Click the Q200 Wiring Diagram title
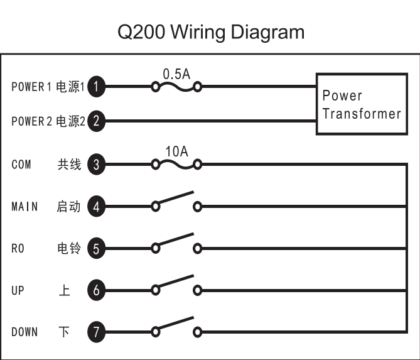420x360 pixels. coord(210,31)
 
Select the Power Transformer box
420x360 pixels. coord(360,104)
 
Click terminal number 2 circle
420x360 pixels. coord(95,121)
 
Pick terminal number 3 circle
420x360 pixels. coord(95,165)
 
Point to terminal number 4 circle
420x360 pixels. coord(95,206)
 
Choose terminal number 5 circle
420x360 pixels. coord(95,248)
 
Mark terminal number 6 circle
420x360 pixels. coord(95,290)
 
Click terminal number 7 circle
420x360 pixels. coord(95,332)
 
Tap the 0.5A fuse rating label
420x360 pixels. coord(176,74)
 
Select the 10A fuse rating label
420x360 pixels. coord(176,151)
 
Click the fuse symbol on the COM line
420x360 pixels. coord(176,165)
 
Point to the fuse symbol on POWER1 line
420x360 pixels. coord(176,87)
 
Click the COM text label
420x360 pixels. coord(21,165)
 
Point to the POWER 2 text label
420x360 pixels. coord(31,122)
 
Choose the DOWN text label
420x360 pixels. coord(24,332)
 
